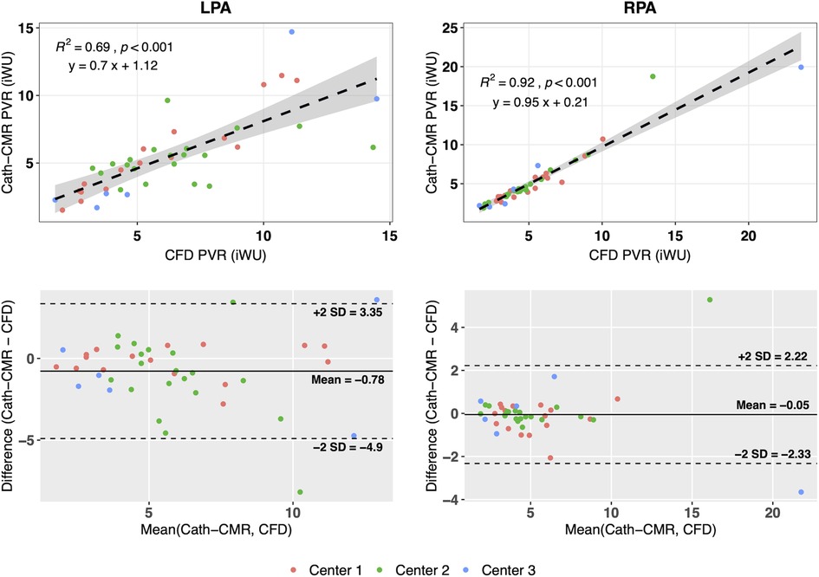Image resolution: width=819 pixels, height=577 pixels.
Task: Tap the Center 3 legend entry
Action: [503, 569]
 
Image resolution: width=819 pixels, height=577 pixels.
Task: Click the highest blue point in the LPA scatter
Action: [291, 31]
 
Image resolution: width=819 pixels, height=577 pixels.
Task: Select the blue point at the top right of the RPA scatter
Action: [801, 67]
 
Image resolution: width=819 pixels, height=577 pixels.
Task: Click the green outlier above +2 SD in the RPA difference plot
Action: [710, 300]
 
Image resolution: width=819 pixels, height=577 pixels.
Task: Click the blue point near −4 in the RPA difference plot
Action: [801, 492]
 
